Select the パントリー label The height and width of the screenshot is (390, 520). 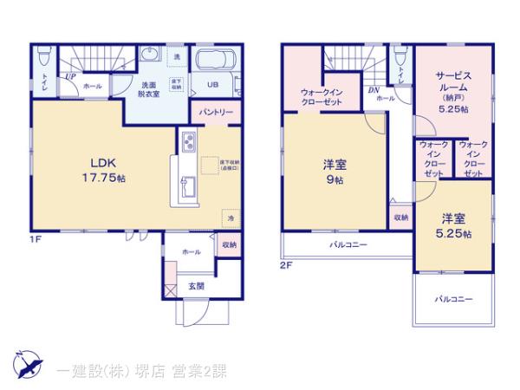[216, 113]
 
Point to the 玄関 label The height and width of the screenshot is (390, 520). [195, 285]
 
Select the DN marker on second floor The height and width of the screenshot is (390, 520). [372, 89]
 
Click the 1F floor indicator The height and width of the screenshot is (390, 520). [37, 240]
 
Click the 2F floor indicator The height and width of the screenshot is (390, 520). [285, 266]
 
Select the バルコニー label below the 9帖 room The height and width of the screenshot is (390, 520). [347, 245]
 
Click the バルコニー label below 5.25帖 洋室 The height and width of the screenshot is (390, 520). [453, 299]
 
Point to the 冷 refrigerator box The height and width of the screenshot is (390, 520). [231, 218]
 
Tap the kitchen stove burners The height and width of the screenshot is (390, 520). [190, 140]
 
